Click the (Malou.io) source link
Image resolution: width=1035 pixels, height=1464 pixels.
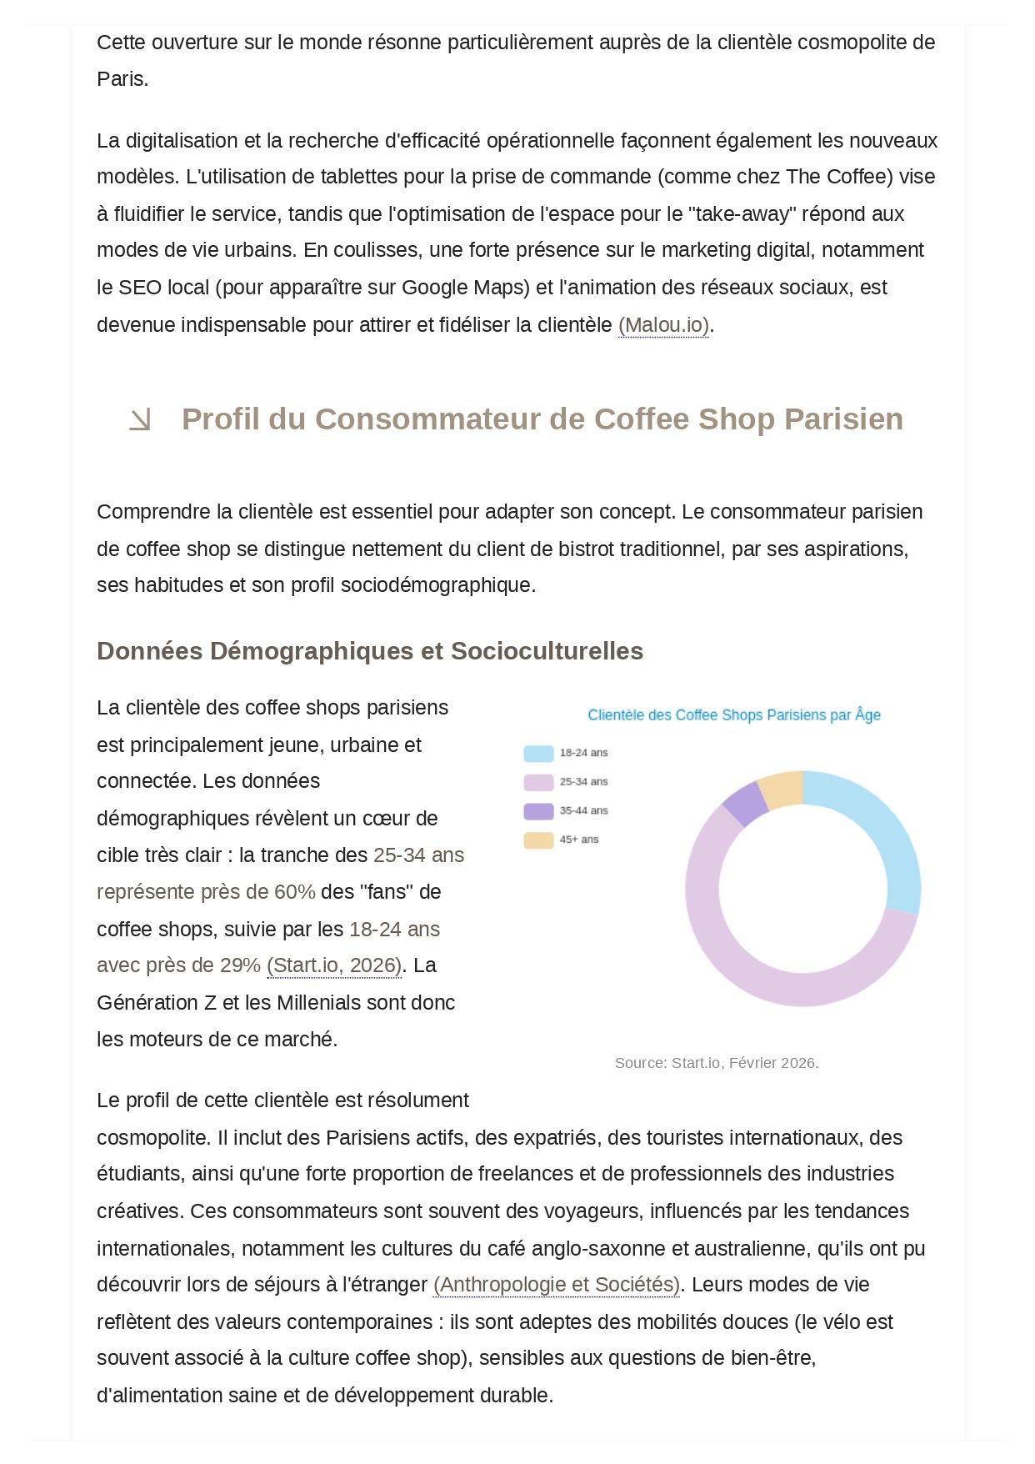[x=663, y=324]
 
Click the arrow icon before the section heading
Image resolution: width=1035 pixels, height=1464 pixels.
[x=140, y=420]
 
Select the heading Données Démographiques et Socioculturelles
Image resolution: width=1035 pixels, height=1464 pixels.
[x=370, y=650]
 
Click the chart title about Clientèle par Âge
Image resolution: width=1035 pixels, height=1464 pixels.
[x=733, y=714]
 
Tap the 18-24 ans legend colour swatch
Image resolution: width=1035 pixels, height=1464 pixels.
[x=538, y=754]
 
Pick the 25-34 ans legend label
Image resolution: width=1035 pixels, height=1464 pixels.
[x=583, y=782]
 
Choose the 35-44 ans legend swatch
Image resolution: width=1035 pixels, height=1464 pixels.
[x=538, y=811]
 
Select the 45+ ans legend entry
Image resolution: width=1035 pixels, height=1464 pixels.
[x=578, y=840]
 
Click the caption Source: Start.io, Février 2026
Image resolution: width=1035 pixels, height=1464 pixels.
[x=717, y=1063]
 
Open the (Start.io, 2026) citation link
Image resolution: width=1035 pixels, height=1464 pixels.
[x=334, y=965]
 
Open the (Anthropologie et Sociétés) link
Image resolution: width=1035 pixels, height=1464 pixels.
[x=557, y=1285]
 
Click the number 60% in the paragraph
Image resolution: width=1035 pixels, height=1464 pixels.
[x=295, y=892]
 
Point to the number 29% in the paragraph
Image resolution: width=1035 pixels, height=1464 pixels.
[x=241, y=965]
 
